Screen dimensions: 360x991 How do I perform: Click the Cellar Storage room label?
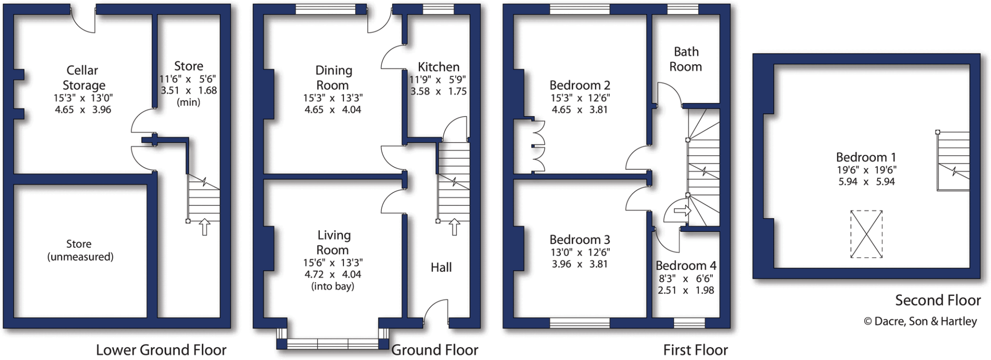pyautogui.click(x=83, y=78)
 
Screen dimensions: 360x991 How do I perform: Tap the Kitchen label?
pyautogui.click(x=438, y=67)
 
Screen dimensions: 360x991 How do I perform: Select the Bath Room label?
pyautogui.click(x=686, y=59)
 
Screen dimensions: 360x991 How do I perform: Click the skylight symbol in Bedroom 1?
pyautogui.click(x=866, y=234)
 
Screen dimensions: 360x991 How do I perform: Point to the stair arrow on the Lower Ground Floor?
pyautogui.click(x=205, y=226)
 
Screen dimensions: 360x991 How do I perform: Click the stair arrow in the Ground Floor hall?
pyautogui.click(x=454, y=226)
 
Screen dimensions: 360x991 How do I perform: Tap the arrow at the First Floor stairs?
pyautogui.click(x=682, y=210)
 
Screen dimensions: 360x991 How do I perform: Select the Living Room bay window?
pyautogui.click(x=333, y=344)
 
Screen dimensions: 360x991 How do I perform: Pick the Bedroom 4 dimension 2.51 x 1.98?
pyautogui.click(x=686, y=290)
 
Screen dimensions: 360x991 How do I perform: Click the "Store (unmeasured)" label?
pyautogui.click(x=80, y=250)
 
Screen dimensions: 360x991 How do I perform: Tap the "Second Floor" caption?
pyautogui.click(x=937, y=300)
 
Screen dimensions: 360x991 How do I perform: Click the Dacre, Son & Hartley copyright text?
pyautogui.click(x=920, y=321)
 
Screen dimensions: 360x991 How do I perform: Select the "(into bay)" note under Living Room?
pyautogui.click(x=332, y=286)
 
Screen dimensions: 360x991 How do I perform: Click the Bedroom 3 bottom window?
pyautogui.click(x=579, y=323)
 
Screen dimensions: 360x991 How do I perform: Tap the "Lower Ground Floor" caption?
pyautogui.click(x=161, y=350)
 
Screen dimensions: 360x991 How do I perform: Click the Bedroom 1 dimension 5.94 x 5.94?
pyautogui.click(x=866, y=182)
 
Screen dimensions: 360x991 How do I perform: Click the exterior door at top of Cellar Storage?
pyautogui.click(x=83, y=19)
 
